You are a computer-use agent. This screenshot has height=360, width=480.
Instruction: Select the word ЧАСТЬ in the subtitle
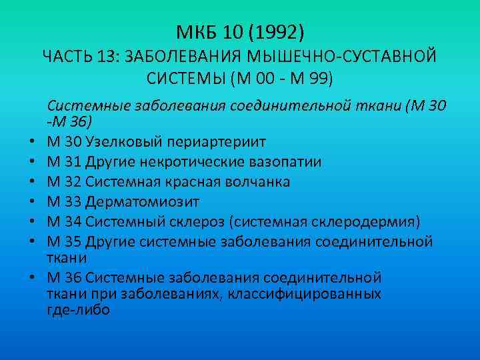(67, 57)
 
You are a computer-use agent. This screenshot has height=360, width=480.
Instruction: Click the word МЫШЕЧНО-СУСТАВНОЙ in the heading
(357, 57)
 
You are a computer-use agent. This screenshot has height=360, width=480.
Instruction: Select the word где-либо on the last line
(79, 311)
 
